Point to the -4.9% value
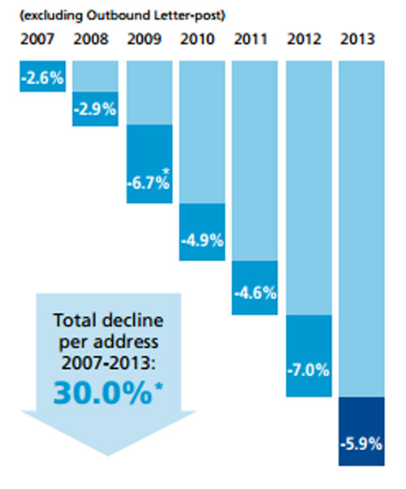click(x=201, y=240)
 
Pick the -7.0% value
click(x=309, y=370)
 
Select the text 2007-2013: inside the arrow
click(x=109, y=359)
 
